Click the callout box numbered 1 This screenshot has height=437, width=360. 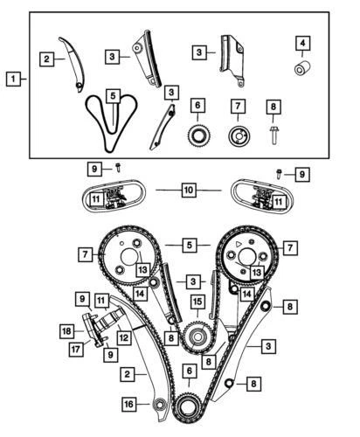[x=12, y=80]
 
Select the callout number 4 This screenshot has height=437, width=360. [x=301, y=42]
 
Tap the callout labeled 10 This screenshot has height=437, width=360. [x=189, y=188]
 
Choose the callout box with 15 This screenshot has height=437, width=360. [x=198, y=302]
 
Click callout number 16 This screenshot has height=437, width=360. [x=129, y=405]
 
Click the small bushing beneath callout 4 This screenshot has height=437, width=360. [x=301, y=69]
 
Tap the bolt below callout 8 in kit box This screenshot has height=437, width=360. [x=273, y=135]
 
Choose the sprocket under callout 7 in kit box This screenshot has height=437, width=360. [x=236, y=137]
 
